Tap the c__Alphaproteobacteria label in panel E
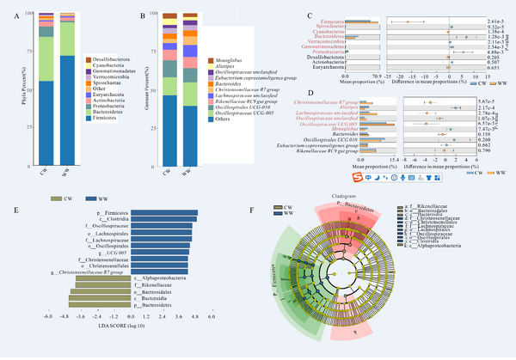coord(160,277)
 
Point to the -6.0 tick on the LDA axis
coord(50,317)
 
